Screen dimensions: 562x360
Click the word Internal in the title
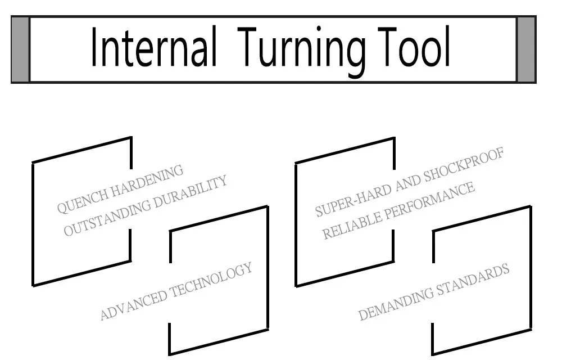(x=154, y=47)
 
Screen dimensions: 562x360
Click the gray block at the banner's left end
(x=20, y=49)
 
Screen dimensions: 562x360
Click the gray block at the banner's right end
(x=526, y=49)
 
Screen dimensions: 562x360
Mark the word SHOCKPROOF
(x=464, y=165)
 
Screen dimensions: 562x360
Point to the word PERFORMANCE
(x=429, y=200)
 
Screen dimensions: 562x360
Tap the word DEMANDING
(x=396, y=303)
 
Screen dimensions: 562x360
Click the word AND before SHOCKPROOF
(x=408, y=183)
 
